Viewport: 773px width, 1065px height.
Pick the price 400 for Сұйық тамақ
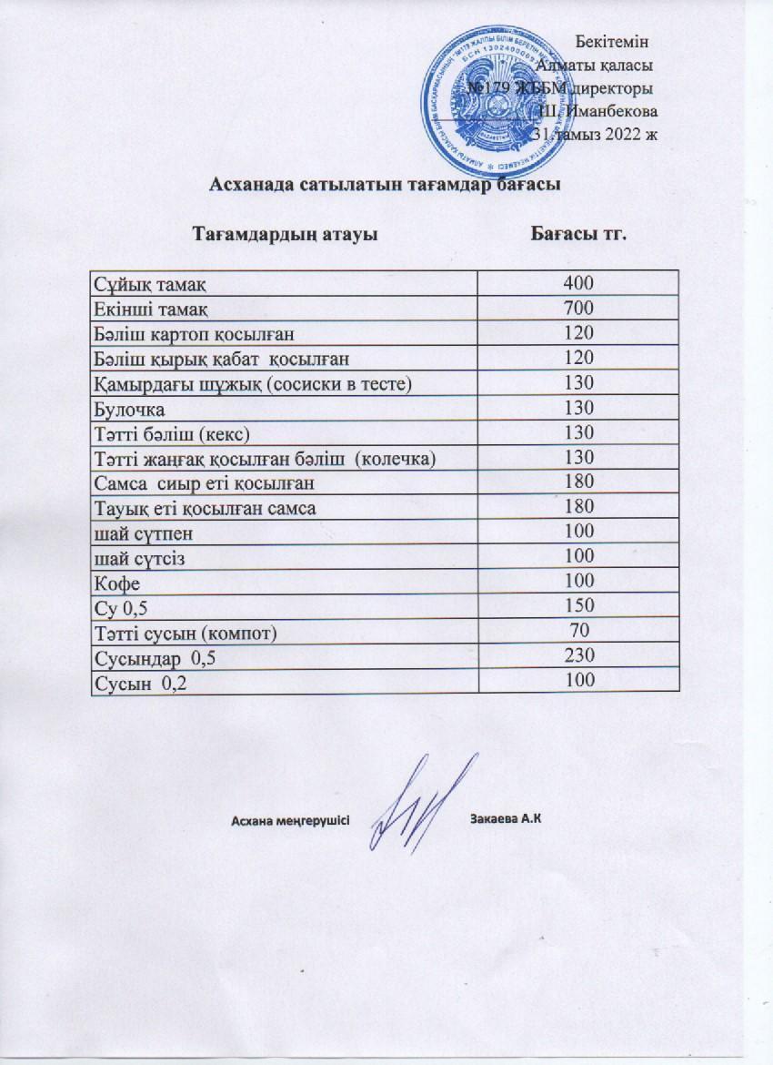tap(578, 283)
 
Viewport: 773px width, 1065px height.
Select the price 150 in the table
tap(578, 605)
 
